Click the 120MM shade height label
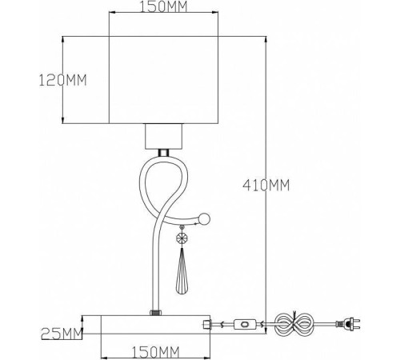point(63,80)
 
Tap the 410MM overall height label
point(266,185)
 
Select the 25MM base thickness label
point(62,334)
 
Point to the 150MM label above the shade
point(164,7)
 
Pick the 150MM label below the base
point(156,352)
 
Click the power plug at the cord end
point(348,324)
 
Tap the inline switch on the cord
point(245,325)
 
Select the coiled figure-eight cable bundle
point(294,324)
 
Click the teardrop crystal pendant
point(182,270)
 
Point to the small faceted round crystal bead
point(182,238)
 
